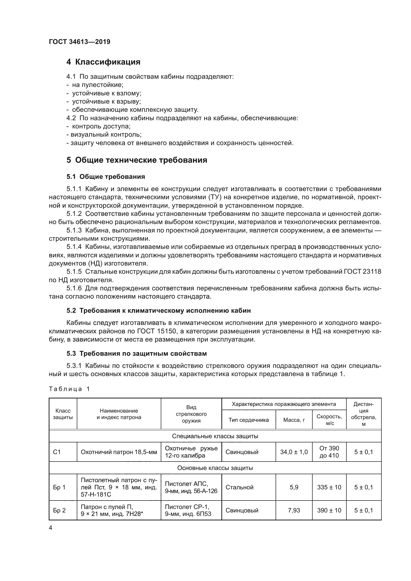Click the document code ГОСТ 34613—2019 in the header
80,42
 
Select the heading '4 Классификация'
103,62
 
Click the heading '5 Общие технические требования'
137,160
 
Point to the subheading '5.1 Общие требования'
106,177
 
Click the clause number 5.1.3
74,230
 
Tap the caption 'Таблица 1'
69,389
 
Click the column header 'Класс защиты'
63,414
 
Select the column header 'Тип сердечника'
248,420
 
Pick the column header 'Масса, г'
294,420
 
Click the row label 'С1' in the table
57,452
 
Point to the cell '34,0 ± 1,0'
294,452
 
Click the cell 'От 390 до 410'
329,452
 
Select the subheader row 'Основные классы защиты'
215,468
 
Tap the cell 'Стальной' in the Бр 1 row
239,487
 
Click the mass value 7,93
294,510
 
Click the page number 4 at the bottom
51,528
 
